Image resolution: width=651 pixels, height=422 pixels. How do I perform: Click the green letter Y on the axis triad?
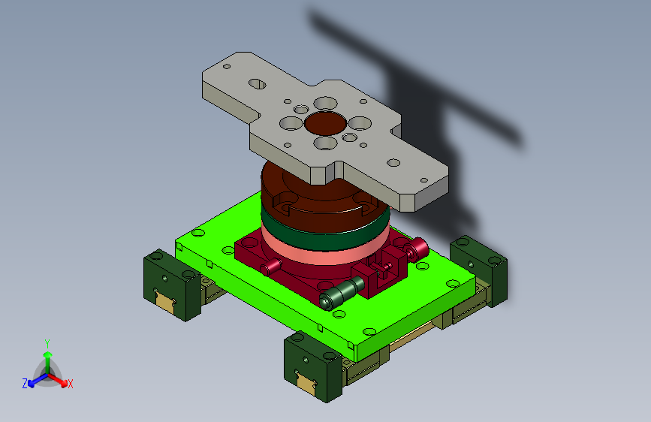tap(47, 344)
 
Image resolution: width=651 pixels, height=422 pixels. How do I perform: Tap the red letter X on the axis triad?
tap(70, 384)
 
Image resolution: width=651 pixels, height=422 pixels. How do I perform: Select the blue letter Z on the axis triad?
tap(25, 384)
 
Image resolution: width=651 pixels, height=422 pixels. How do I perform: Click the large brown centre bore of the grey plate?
tap(326, 123)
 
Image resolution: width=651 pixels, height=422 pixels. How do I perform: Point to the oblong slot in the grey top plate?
tap(258, 84)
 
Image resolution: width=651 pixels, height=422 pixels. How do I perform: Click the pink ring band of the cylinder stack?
tap(325, 249)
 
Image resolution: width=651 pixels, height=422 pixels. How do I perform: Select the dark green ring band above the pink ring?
tap(325, 234)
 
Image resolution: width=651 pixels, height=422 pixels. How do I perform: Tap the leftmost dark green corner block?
tap(172, 285)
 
